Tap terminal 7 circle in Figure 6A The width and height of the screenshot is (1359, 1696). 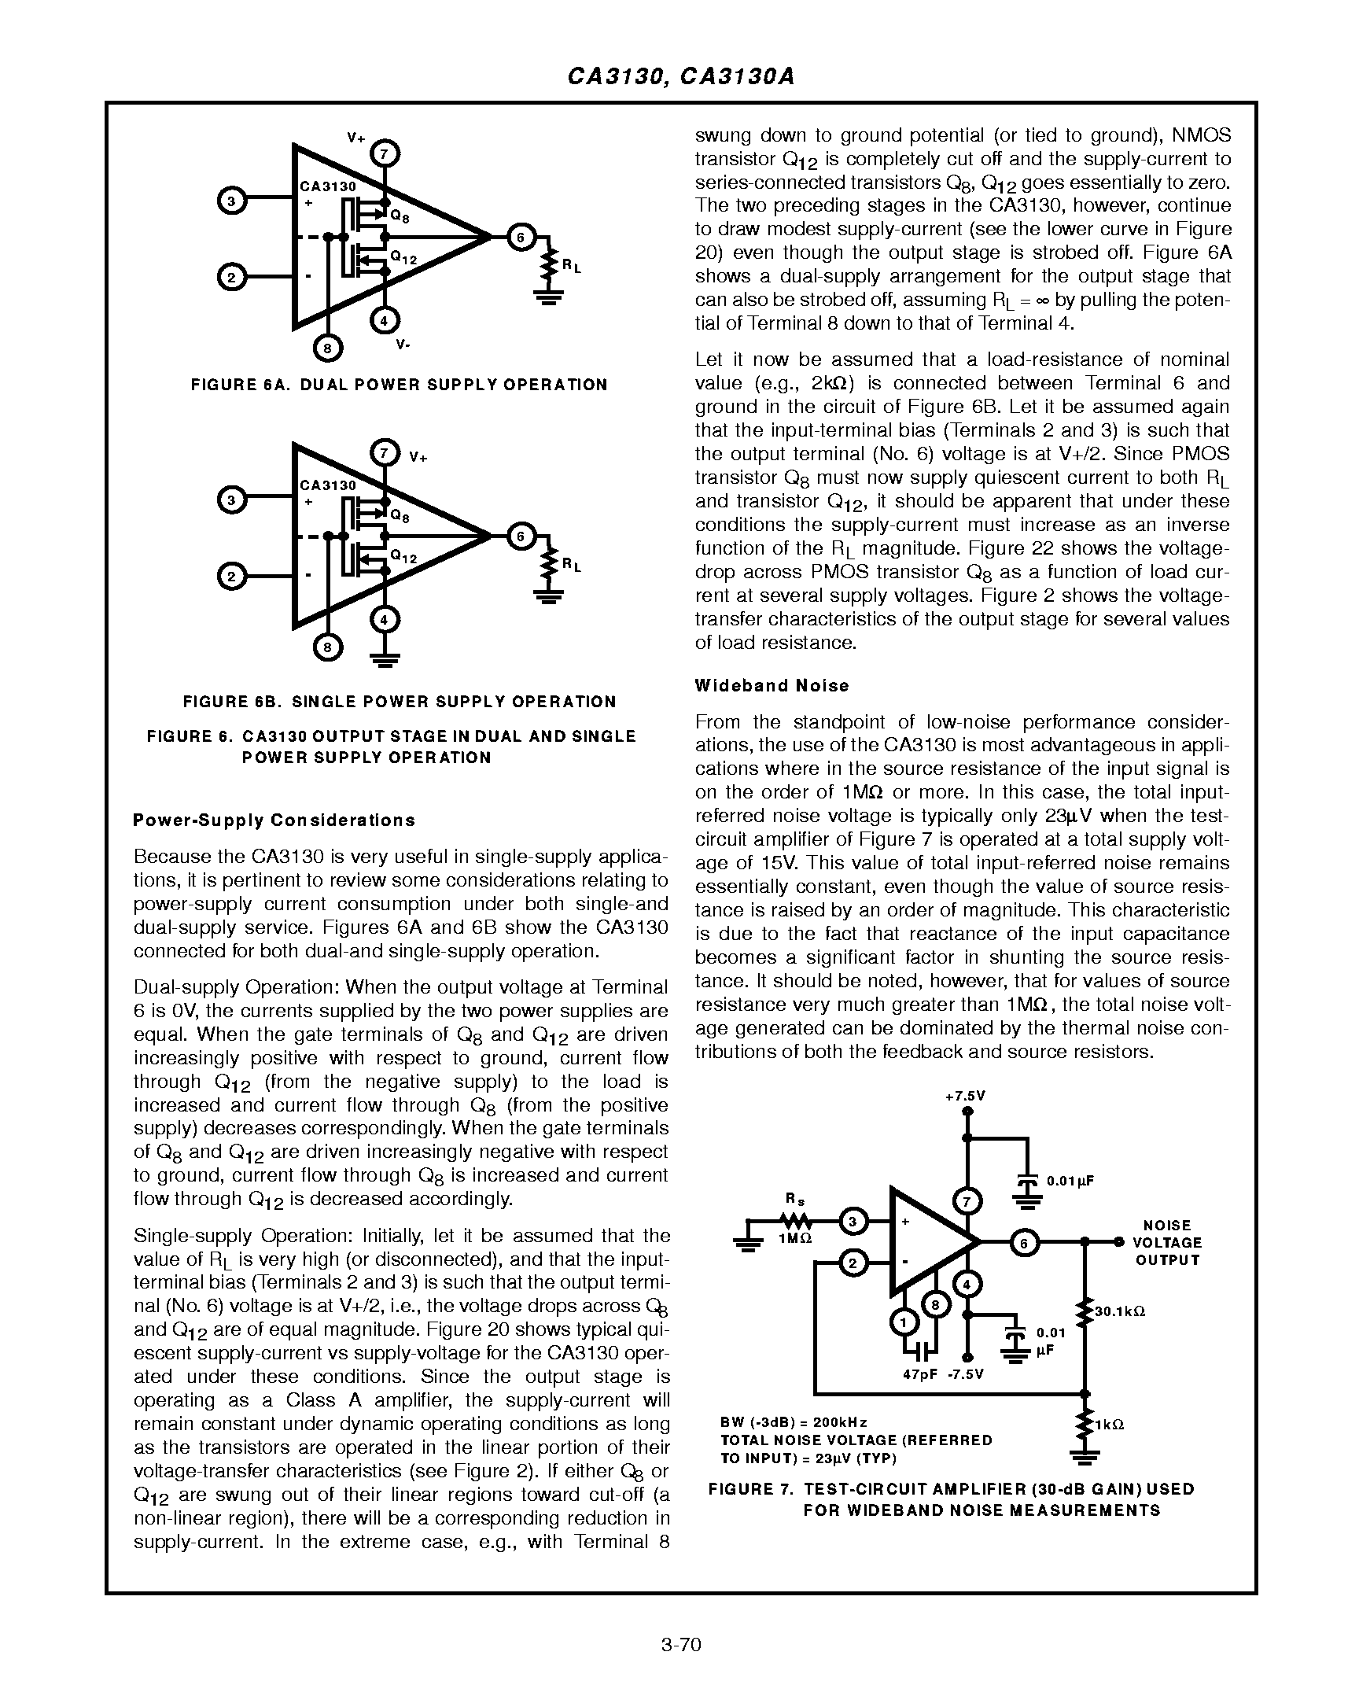click(x=384, y=153)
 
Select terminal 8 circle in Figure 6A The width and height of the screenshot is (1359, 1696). click(x=328, y=348)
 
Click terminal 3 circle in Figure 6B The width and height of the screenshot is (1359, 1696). click(x=230, y=500)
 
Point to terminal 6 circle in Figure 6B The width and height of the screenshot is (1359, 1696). click(x=520, y=536)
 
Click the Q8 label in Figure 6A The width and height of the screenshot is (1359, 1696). click(x=400, y=216)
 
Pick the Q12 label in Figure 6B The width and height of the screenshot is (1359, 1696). click(x=403, y=558)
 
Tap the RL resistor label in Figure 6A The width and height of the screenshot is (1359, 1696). click(x=571, y=267)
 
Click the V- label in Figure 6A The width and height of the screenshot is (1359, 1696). click(x=402, y=345)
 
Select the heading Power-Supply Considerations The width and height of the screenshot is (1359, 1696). click(x=274, y=820)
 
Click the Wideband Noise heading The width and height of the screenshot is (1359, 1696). click(x=772, y=685)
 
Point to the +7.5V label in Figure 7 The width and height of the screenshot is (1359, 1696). click(x=966, y=1097)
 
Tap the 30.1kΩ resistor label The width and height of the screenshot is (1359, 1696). click(x=1120, y=1311)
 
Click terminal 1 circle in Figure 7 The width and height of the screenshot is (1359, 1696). click(x=904, y=1323)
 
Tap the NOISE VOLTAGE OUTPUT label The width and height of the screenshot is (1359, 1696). click(x=1167, y=1242)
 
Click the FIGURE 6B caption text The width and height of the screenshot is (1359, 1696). click(x=400, y=702)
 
